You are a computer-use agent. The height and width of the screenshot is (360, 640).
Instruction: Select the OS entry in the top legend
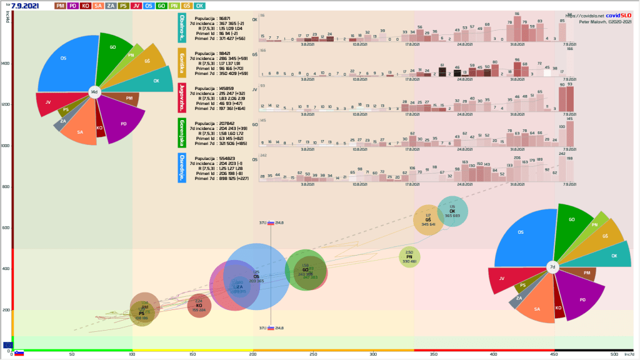[148, 6]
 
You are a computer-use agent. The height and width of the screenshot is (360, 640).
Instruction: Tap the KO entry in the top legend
[86, 6]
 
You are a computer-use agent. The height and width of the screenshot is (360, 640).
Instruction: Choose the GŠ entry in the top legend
[186, 6]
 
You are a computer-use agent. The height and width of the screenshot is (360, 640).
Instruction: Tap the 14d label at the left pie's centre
[94, 92]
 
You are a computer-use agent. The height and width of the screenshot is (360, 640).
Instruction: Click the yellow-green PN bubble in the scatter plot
[409, 256]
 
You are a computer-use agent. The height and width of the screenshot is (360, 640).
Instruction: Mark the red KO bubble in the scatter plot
[199, 306]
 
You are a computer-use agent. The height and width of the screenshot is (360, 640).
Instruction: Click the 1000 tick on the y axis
[6, 146]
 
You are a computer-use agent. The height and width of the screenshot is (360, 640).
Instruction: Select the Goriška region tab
[182, 62]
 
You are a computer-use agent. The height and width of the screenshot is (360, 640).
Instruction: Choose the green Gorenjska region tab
[182, 132]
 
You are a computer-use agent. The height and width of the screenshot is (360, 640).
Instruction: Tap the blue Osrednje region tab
[182, 167]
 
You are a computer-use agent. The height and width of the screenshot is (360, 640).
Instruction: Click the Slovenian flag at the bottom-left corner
[19, 353]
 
